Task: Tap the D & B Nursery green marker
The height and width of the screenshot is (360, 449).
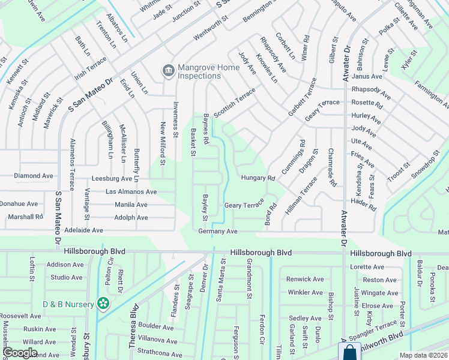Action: pyautogui.click(x=103, y=303)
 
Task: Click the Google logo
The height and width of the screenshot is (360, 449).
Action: pyautogui.click(x=20, y=353)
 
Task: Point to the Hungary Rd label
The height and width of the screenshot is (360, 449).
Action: pyautogui.click(x=258, y=178)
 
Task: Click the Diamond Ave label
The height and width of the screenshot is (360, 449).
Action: pyautogui.click(x=34, y=176)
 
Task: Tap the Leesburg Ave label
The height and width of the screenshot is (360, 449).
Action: pyautogui.click(x=112, y=179)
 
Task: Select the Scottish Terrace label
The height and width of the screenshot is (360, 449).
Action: pyautogui.click(x=235, y=101)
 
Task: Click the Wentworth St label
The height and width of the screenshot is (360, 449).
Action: pyautogui.click(x=211, y=28)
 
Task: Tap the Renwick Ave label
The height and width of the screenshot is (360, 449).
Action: pyautogui.click(x=305, y=279)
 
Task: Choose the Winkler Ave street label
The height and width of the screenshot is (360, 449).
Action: pyautogui.click(x=306, y=292)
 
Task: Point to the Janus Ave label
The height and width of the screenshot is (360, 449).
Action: pyautogui.click(x=367, y=76)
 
